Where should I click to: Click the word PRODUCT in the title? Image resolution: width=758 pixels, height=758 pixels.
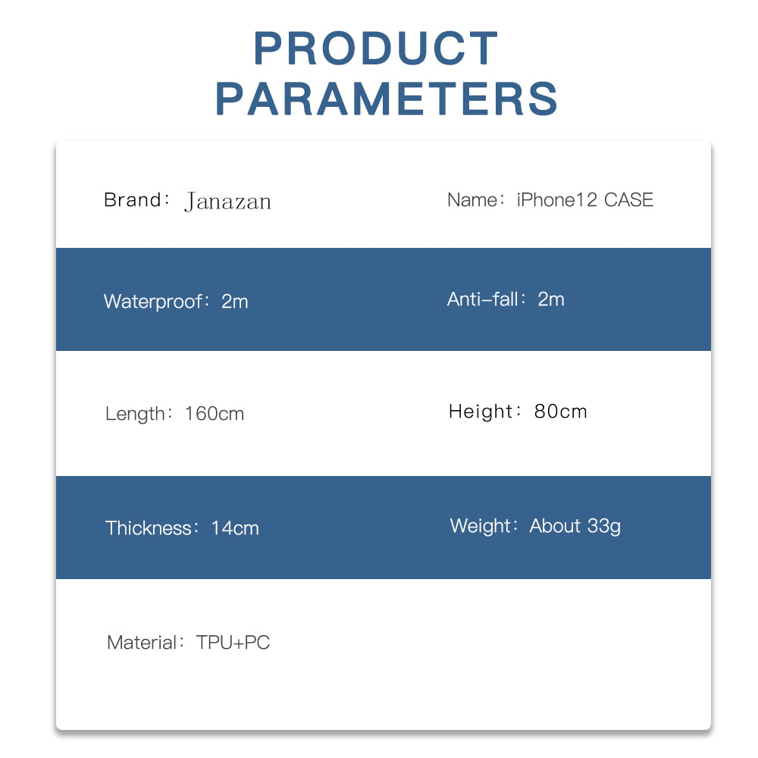[376, 48]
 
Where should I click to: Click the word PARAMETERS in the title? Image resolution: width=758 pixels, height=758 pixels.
[387, 99]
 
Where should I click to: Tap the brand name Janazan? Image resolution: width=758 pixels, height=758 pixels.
[227, 202]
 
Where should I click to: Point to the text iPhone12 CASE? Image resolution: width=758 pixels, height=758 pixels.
[585, 199]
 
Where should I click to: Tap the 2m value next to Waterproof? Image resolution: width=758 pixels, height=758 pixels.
[235, 302]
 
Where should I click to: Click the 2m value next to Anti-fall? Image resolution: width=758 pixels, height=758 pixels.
[551, 299]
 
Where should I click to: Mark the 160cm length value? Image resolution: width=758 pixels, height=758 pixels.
[215, 414]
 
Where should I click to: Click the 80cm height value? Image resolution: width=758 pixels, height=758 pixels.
[561, 412]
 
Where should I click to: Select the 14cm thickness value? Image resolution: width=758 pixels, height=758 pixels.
[235, 528]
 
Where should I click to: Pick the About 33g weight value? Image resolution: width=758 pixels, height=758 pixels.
[575, 526]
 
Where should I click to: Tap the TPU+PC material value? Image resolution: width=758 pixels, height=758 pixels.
[233, 643]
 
